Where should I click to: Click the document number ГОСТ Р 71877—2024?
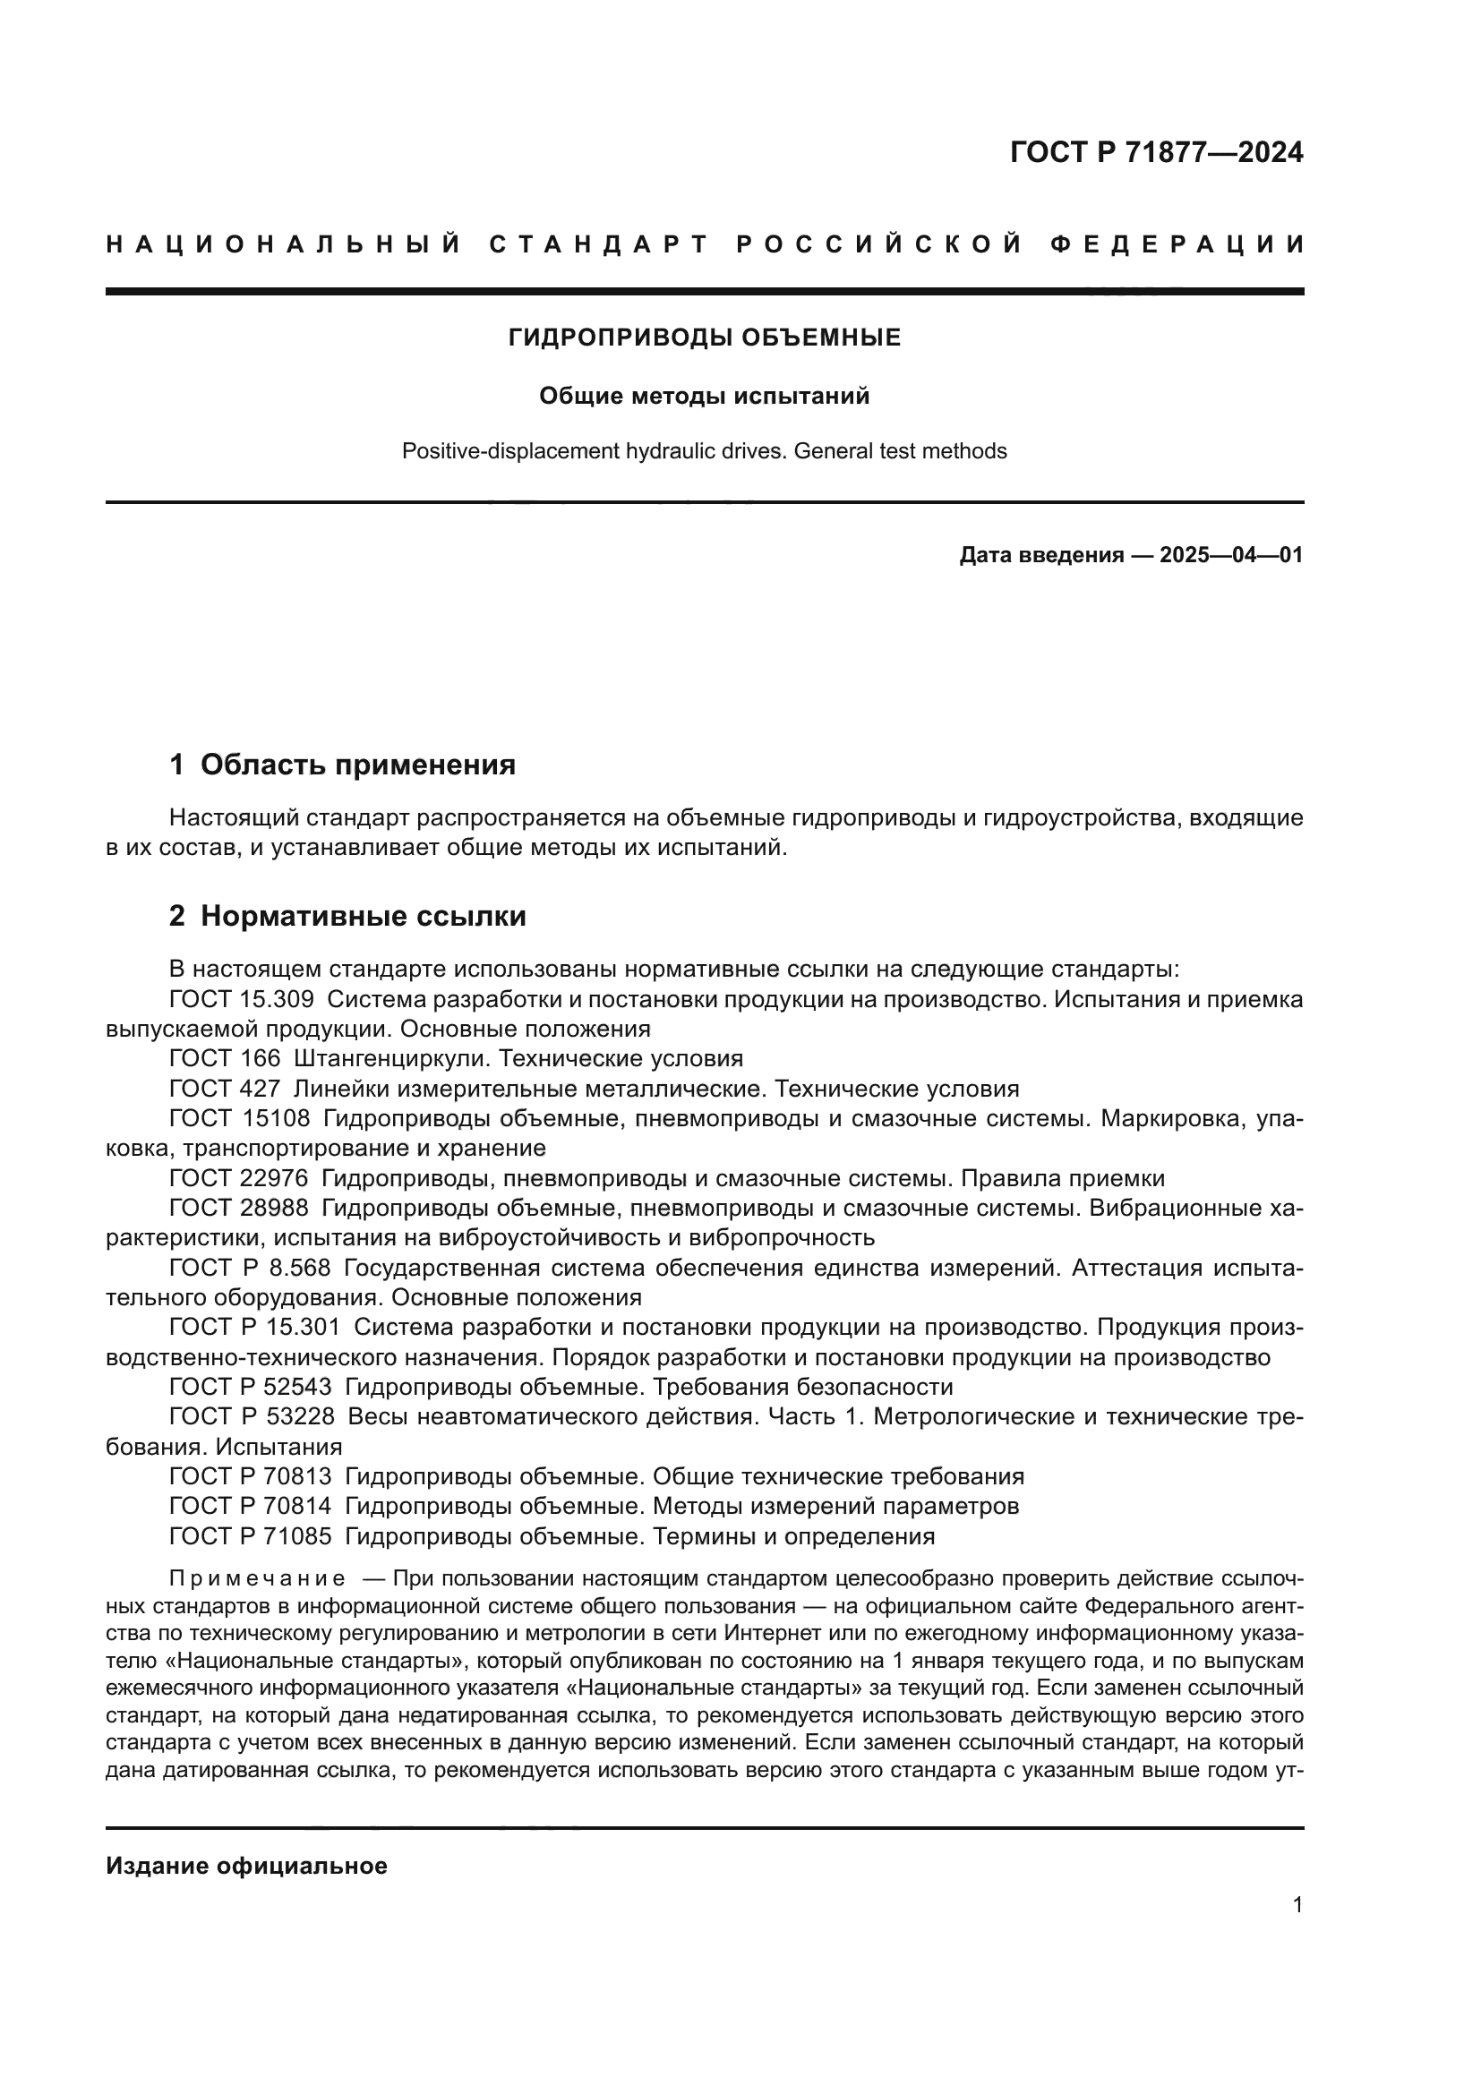click(1155, 152)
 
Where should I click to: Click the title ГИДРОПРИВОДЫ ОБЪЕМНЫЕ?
click(704, 338)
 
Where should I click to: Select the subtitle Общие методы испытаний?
click(704, 396)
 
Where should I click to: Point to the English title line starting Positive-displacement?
click(704, 451)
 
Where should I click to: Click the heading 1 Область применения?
click(342, 765)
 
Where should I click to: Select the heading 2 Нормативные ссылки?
click(347, 916)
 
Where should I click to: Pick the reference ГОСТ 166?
click(225, 1059)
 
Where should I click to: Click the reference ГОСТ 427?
click(225, 1089)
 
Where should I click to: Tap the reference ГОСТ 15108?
click(240, 1118)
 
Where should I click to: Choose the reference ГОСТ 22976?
click(239, 1178)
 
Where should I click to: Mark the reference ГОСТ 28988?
click(239, 1209)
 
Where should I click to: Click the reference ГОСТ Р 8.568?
click(250, 1268)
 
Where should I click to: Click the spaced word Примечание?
click(257, 1578)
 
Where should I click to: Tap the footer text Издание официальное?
click(246, 1866)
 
